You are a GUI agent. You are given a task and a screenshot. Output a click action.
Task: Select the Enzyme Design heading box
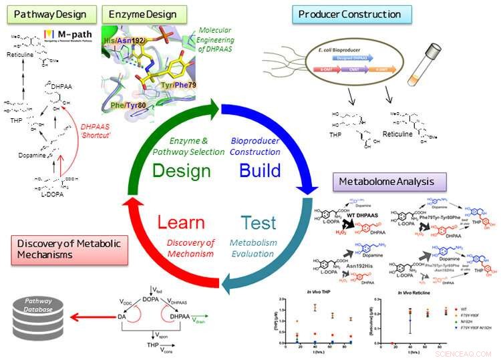[144, 13]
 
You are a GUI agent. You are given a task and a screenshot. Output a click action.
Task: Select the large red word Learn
[182, 222]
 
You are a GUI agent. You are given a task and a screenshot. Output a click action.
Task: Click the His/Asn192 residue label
[122, 40]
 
